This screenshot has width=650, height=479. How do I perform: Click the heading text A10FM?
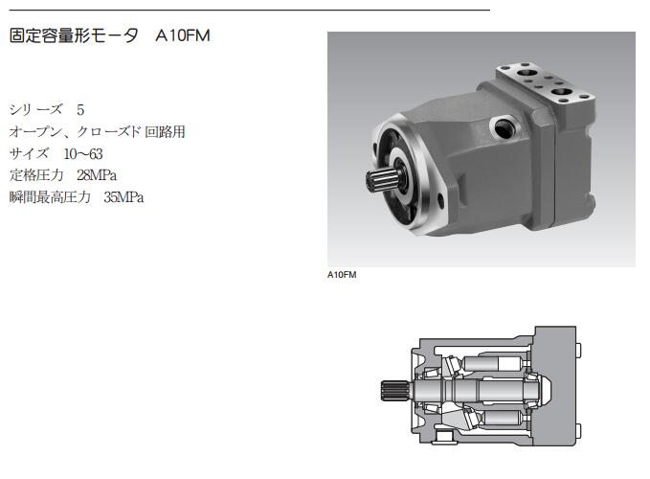183,35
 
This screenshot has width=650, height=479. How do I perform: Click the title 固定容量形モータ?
74,35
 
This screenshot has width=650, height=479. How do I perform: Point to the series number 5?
80,110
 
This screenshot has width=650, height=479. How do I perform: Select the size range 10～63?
83,154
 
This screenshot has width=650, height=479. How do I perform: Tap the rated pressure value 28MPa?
97,175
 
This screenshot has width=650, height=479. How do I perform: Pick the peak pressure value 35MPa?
123,197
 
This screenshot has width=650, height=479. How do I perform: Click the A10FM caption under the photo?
342,275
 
